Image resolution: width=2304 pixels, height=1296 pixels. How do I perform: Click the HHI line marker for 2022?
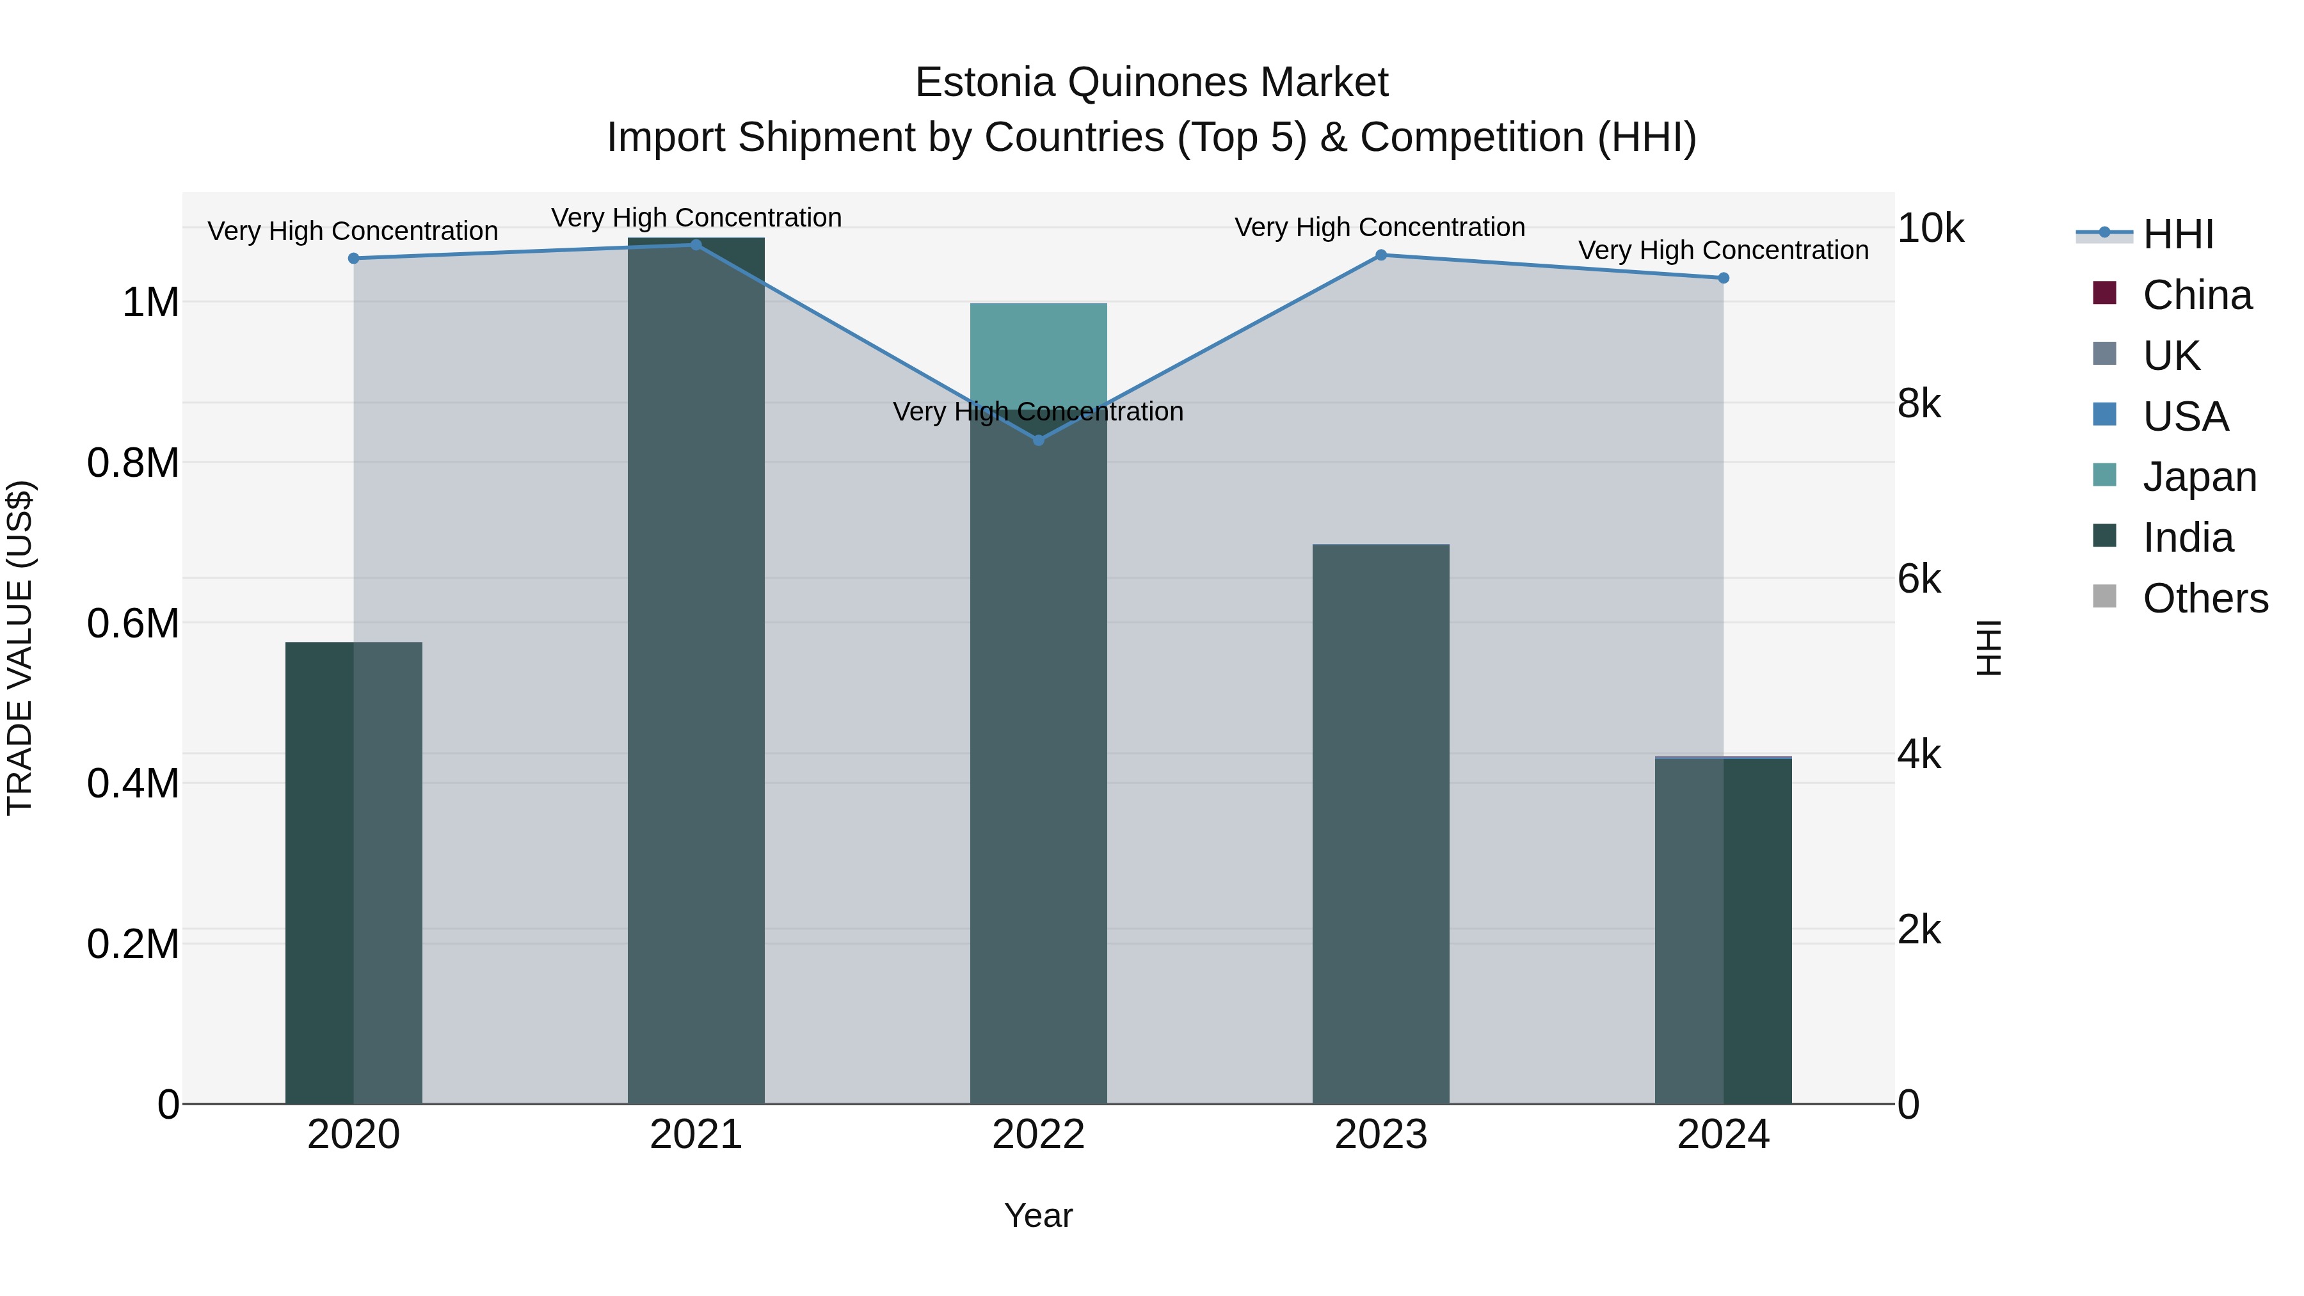[x=1039, y=440]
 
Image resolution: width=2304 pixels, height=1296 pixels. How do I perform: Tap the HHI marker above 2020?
[x=353, y=259]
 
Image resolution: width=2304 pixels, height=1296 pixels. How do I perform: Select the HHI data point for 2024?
[x=1724, y=278]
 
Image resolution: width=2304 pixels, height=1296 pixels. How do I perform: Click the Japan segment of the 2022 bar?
[x=1039, y=353]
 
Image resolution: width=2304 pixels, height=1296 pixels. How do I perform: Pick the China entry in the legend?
[x=2196, y=295]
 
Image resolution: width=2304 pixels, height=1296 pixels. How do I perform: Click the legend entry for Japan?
[x=2199, y=477]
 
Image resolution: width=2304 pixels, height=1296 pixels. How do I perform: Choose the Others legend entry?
[x=2205, y=598]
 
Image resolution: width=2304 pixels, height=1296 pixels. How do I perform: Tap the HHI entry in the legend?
[x=2178, y=234]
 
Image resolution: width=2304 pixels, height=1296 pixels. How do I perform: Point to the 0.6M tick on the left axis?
[x=133, y=623]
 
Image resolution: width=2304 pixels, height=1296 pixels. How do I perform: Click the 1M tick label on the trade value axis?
[x=150, y=302]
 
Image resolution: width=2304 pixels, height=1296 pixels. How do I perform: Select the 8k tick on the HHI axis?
[x=1919, y=404]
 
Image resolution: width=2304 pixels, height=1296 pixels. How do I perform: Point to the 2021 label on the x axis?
[x=696, y=1135]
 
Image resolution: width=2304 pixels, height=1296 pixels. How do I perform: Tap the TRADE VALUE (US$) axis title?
[x=20, y=648]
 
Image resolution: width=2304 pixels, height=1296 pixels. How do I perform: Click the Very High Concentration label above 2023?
[x=1379, y=227]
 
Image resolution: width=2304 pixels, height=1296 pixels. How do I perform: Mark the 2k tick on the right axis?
[x=1919, y=930]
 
